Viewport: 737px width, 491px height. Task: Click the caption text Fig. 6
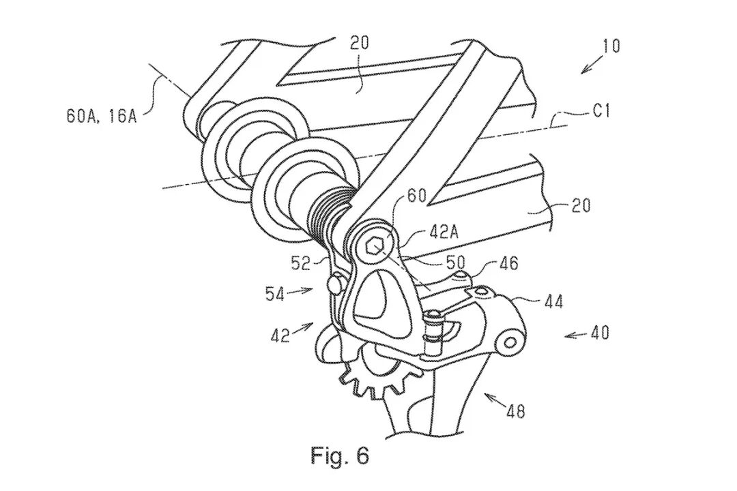pos(340,456)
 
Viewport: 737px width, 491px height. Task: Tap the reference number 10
pos(611,46)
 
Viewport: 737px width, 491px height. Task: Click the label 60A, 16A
pos(102,116)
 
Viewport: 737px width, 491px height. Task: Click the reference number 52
pos(301,264)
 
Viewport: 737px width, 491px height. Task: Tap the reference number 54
pos(274,294)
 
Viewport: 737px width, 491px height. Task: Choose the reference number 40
pos(598,333)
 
